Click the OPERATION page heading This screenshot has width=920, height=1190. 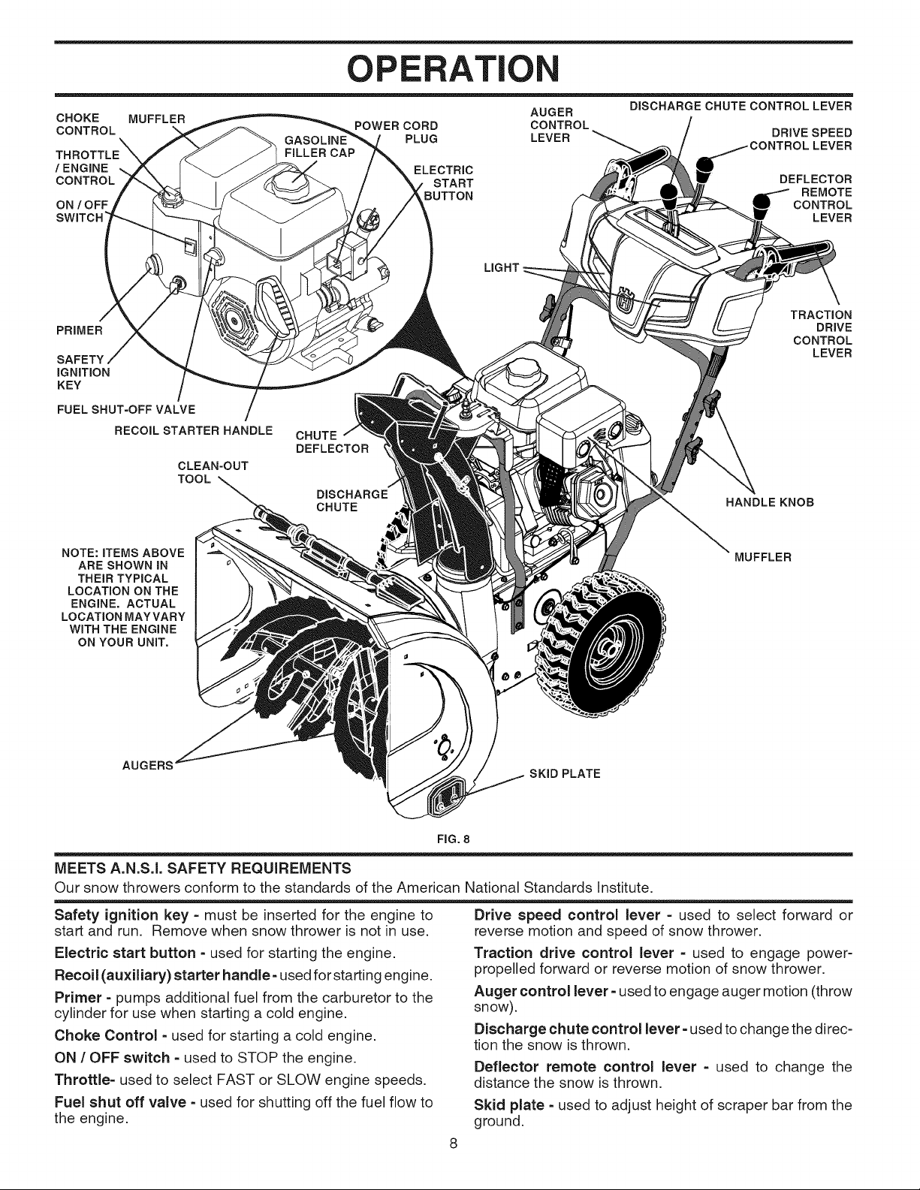point(454,68)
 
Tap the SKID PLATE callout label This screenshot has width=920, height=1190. point(565,773)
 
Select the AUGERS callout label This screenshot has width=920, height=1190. point(147,765)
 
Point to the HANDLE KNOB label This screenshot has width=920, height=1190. point(769,502)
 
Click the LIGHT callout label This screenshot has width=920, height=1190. point(501,267)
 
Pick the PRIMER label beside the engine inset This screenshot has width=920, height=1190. point(80,330)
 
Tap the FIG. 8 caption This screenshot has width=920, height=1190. point(454,839)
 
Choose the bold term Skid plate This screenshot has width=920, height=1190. point(508,1104)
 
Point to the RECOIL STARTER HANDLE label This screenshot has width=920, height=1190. point(193,430)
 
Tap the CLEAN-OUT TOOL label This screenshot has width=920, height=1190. point(213,472)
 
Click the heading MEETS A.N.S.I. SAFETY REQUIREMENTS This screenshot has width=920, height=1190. point(203,867)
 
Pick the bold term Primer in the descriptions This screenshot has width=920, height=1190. point(78,997)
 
